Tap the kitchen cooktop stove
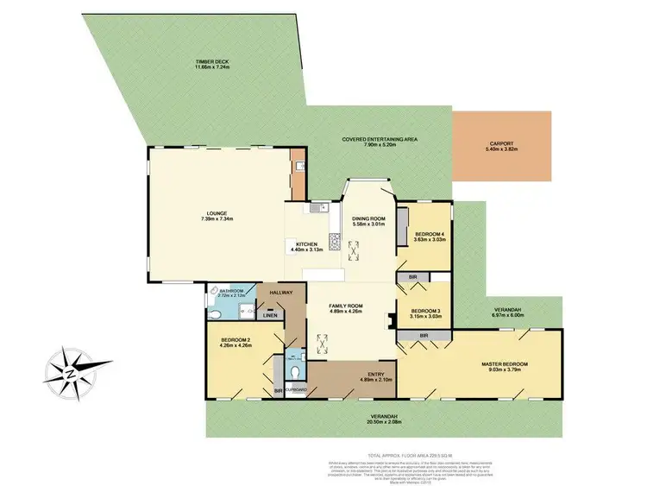pos(334,239)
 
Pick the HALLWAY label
pos(282,293)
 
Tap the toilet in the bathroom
pos(213,291)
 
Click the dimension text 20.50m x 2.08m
pos(386,422)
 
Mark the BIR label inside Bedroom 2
pos(278,391)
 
